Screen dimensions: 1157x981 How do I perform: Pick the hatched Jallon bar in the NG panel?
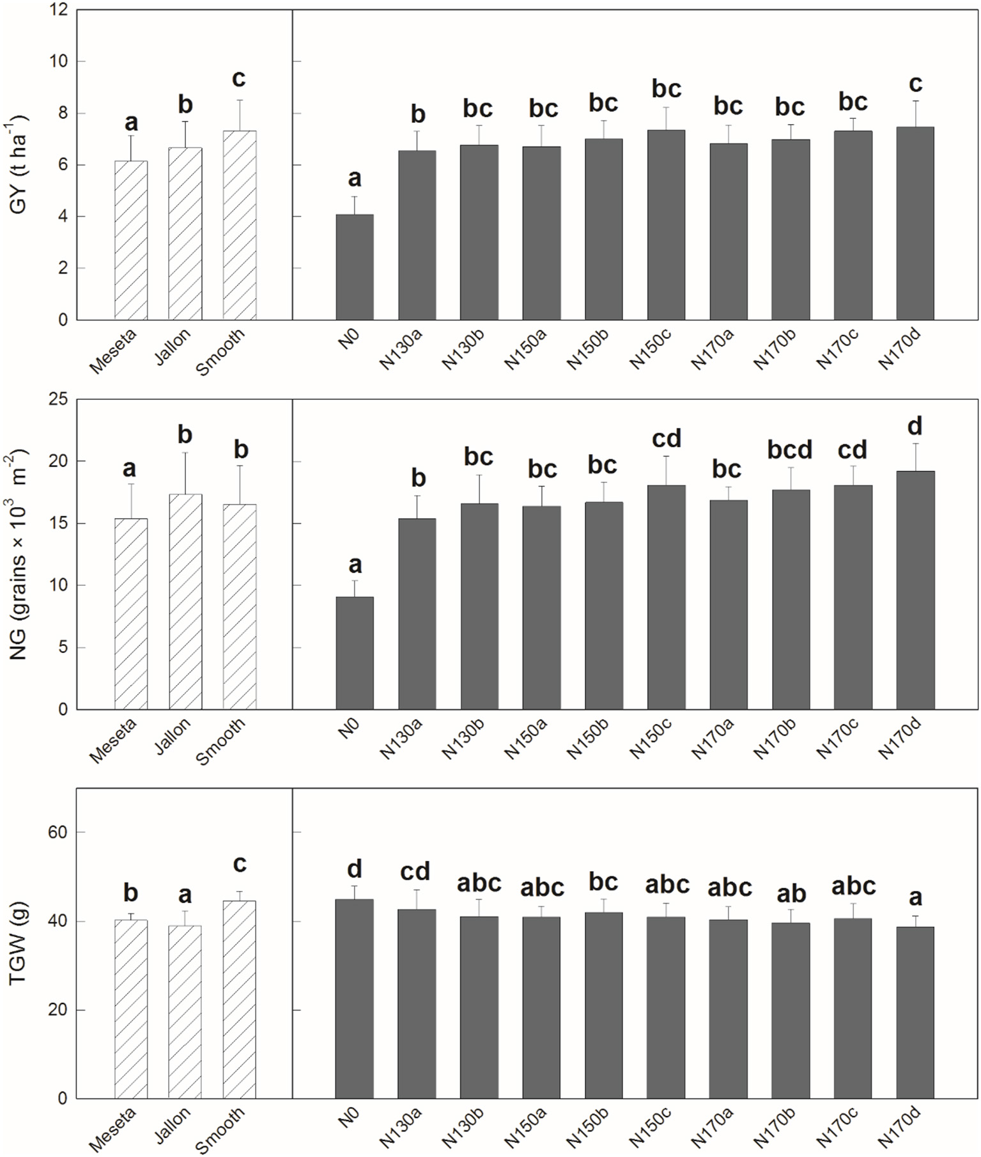point(185,601)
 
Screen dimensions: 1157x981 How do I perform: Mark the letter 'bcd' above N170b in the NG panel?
point(790,450)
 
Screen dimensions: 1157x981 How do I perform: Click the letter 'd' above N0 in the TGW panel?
point(355,869)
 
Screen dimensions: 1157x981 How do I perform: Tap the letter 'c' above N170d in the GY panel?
point(915,84)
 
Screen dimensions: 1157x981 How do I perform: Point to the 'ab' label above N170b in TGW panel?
point(791,893)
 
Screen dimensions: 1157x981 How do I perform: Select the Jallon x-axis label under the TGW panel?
point(173,1125)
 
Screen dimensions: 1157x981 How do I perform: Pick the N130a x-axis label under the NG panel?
point(401,739)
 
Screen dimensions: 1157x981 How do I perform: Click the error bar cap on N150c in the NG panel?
point(666,456)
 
